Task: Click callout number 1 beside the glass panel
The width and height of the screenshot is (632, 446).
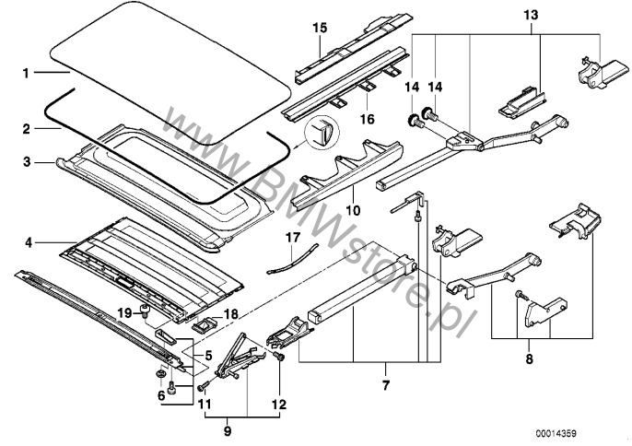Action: (27, 71)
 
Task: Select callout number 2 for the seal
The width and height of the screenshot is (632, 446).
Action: (27, 128)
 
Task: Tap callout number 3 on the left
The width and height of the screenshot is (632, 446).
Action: (27, 162)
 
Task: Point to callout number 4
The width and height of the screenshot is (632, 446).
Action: (27, 242)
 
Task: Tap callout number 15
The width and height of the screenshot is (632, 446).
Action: (320, 29)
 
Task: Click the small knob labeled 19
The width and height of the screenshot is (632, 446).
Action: (145, 309)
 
